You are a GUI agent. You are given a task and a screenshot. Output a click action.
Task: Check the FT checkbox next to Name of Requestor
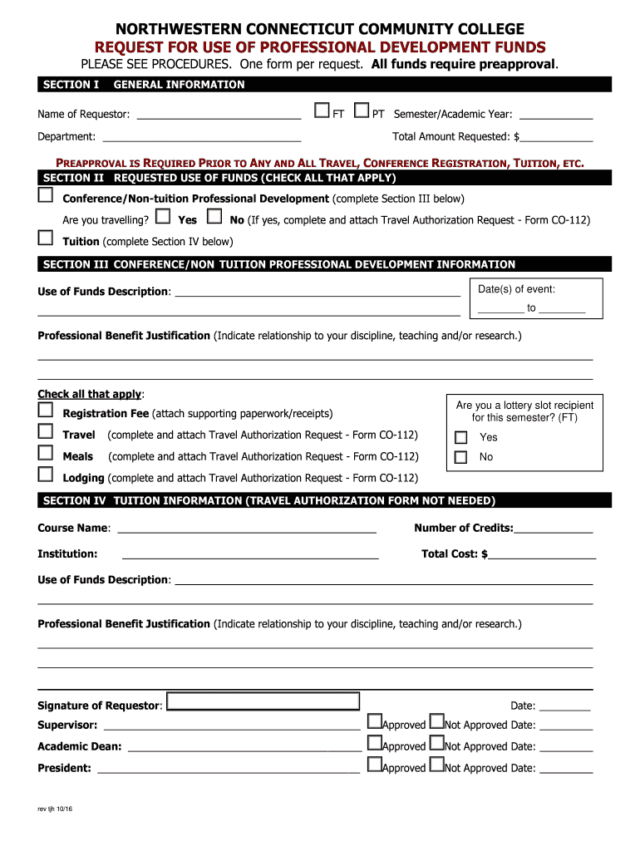[322, 111]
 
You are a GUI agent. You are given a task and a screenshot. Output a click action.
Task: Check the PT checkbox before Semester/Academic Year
[362, 111]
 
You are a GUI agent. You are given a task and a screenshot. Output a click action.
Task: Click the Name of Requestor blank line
[219, 115]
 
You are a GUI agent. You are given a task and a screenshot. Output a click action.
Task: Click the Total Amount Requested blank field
[556, 137]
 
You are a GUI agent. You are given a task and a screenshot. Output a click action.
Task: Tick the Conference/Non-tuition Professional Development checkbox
[45, 195]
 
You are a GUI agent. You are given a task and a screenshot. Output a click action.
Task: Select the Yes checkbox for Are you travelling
[163, 217]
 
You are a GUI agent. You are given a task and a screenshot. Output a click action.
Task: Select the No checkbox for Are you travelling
[214, 217]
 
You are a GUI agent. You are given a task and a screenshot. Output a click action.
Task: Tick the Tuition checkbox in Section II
[45, 239]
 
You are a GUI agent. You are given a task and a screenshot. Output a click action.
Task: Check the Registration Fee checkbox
[45, 410]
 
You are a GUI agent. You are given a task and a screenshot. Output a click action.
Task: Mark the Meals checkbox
[45, 453]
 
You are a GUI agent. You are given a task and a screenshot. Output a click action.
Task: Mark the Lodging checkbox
[45, 475]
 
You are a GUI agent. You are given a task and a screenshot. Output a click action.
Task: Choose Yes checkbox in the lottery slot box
[460, 437]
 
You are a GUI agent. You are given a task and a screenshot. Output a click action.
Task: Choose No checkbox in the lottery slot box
[460, 457]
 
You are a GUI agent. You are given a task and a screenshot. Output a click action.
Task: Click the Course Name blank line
[248, 529]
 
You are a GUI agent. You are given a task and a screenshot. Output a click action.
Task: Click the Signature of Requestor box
[263, 701]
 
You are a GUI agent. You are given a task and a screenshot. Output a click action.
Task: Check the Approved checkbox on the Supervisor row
[374, 722]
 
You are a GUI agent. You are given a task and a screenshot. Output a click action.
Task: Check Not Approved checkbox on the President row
[437, 765]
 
